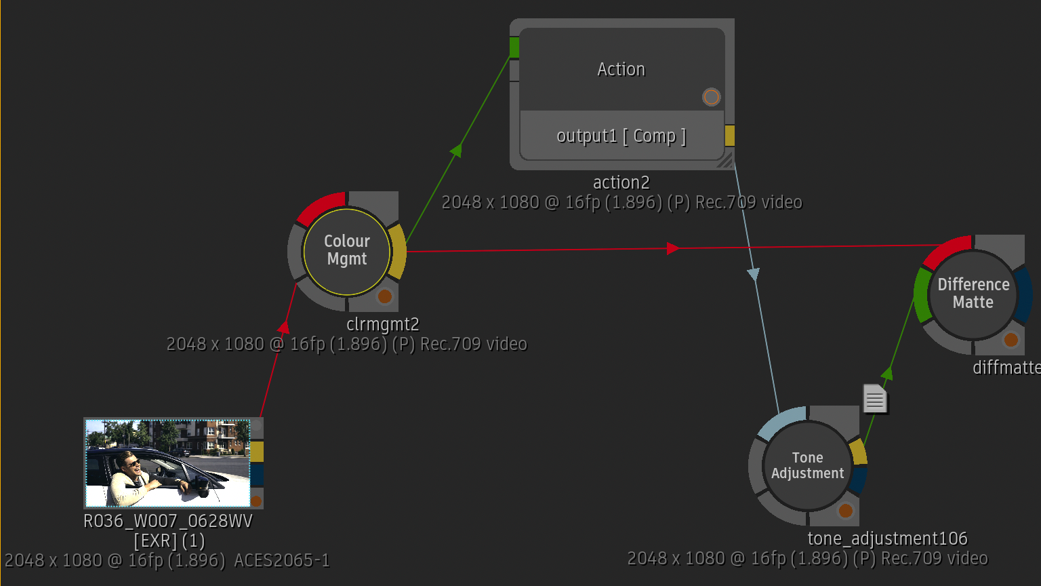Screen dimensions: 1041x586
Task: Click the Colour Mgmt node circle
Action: tap(347, 252)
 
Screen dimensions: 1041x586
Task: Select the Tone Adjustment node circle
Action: tap(808, 465)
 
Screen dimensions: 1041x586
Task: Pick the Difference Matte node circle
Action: tap(973, 294)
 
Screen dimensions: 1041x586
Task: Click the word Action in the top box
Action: tap(621, 69)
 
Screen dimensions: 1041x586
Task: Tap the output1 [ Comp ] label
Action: tap(621, 136)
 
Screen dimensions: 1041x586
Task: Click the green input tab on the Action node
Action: tap(514, 47)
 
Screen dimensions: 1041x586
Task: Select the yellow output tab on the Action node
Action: tap(730, 136)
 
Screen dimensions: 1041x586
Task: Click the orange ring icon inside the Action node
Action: tap(711, 97)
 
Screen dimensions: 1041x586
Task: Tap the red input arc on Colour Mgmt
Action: tap(320, 205)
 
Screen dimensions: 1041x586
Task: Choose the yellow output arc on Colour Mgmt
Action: tap(398, 252)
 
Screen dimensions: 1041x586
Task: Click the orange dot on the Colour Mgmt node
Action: tap(385, 296)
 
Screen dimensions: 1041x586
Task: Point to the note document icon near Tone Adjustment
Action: tap(875, 399)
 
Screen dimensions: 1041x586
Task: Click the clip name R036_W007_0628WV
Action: tap(168, 521)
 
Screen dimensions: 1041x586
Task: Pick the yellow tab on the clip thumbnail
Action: tap(257, 452)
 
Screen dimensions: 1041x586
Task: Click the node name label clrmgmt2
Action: tap(383, 324)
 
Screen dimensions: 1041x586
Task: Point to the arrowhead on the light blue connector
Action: tap(754, 274)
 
